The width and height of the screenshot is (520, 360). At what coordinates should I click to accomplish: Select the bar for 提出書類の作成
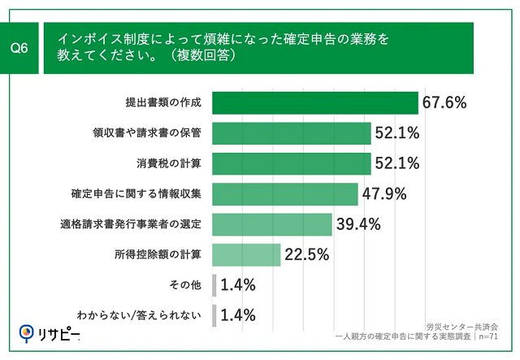(x=315, y=102)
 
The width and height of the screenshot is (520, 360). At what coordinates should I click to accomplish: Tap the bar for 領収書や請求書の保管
(x=291, y=132)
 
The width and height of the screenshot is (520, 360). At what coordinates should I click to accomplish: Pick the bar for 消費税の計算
(x=291, y=163)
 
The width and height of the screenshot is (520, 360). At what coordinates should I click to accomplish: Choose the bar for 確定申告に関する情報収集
(x=284, y=193)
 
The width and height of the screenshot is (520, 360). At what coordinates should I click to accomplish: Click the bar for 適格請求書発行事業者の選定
(x=271, y=224)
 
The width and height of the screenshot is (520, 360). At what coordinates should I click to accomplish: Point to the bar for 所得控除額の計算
(x=246, y=254)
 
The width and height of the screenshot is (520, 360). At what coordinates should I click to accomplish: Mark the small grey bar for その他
(x=214, y=284)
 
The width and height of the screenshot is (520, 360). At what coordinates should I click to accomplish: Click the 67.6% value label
(x=444, y=102)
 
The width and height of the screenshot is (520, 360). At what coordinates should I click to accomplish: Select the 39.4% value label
(x=357, y=224)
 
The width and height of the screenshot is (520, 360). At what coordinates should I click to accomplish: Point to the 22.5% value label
(x=305, y=255)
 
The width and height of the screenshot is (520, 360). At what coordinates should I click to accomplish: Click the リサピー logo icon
(x=26, y=333)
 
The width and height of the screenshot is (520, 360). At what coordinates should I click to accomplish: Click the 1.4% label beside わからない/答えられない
(x=238, y=315)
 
